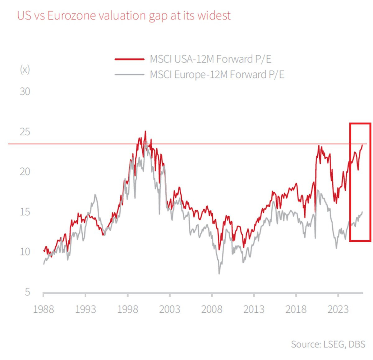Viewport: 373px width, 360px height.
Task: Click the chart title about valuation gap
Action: [124, 15]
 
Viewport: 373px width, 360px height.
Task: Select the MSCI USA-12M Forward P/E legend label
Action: [210, 59]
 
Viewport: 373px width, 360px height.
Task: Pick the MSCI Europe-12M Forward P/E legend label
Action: [217, 75]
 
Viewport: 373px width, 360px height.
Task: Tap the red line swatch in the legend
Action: [129, 59]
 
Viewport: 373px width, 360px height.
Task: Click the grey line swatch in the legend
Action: [129, 75]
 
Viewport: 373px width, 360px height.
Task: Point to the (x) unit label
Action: [25, 69]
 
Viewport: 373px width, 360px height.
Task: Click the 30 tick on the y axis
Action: [25, 91]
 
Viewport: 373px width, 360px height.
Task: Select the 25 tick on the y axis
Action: [25, 132]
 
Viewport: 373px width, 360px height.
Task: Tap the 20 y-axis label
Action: [25, 171]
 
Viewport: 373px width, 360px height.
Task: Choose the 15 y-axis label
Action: [25, 212]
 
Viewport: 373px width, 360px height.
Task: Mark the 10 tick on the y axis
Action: [25, 252]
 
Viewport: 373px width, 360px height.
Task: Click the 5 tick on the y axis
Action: [27, 292]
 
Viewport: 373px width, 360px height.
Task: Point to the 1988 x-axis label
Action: [44, 309]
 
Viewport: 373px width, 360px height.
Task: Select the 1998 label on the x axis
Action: [127, 309]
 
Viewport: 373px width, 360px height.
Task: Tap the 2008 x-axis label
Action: [212, 309]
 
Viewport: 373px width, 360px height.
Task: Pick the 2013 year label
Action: [254, 309]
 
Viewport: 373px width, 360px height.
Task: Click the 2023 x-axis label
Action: [338, 309]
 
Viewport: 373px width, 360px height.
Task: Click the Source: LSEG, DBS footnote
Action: [328, 344]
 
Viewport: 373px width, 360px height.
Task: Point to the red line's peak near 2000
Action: [145, 131]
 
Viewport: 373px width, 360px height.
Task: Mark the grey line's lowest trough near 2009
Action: [219, 274]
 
